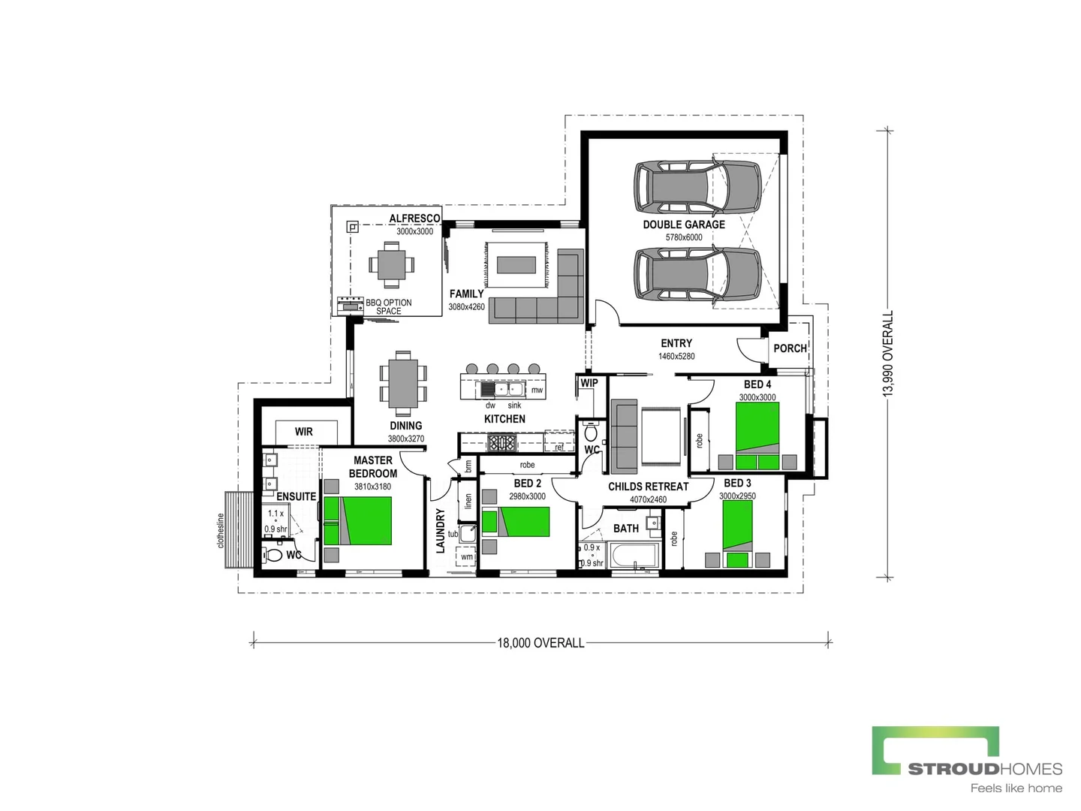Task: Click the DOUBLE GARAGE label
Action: click(x=683, y=225)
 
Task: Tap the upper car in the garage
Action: click(x=697, y=186)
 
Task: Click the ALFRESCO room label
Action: click(x=414, y=219)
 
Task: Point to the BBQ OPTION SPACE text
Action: click(x=388, y=306)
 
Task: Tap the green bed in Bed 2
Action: click(x=525, y=521)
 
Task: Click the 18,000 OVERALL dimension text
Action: click(x=540, y=643)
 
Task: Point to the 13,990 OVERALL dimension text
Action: click(x=888, y=353)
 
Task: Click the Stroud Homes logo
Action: click(x=966, y=758)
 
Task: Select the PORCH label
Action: click(x=790, y=348)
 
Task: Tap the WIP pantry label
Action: click(x=589, y=383)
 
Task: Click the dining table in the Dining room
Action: click(x=403, y=383)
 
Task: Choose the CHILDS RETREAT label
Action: click(x=648, y=487)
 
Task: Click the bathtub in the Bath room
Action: click(x=634, y=556)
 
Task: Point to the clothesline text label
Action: click(x=221, y=530)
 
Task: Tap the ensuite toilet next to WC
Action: click(x=274, y=556)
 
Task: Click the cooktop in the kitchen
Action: click(x=501, y=443)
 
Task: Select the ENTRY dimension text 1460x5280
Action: click(x=676, y=356)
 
